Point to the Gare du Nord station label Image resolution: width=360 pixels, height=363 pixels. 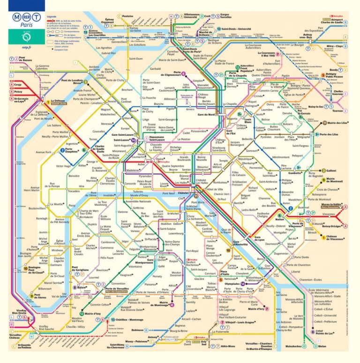pos(204,115)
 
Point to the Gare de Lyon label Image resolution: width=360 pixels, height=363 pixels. pos(259,237)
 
